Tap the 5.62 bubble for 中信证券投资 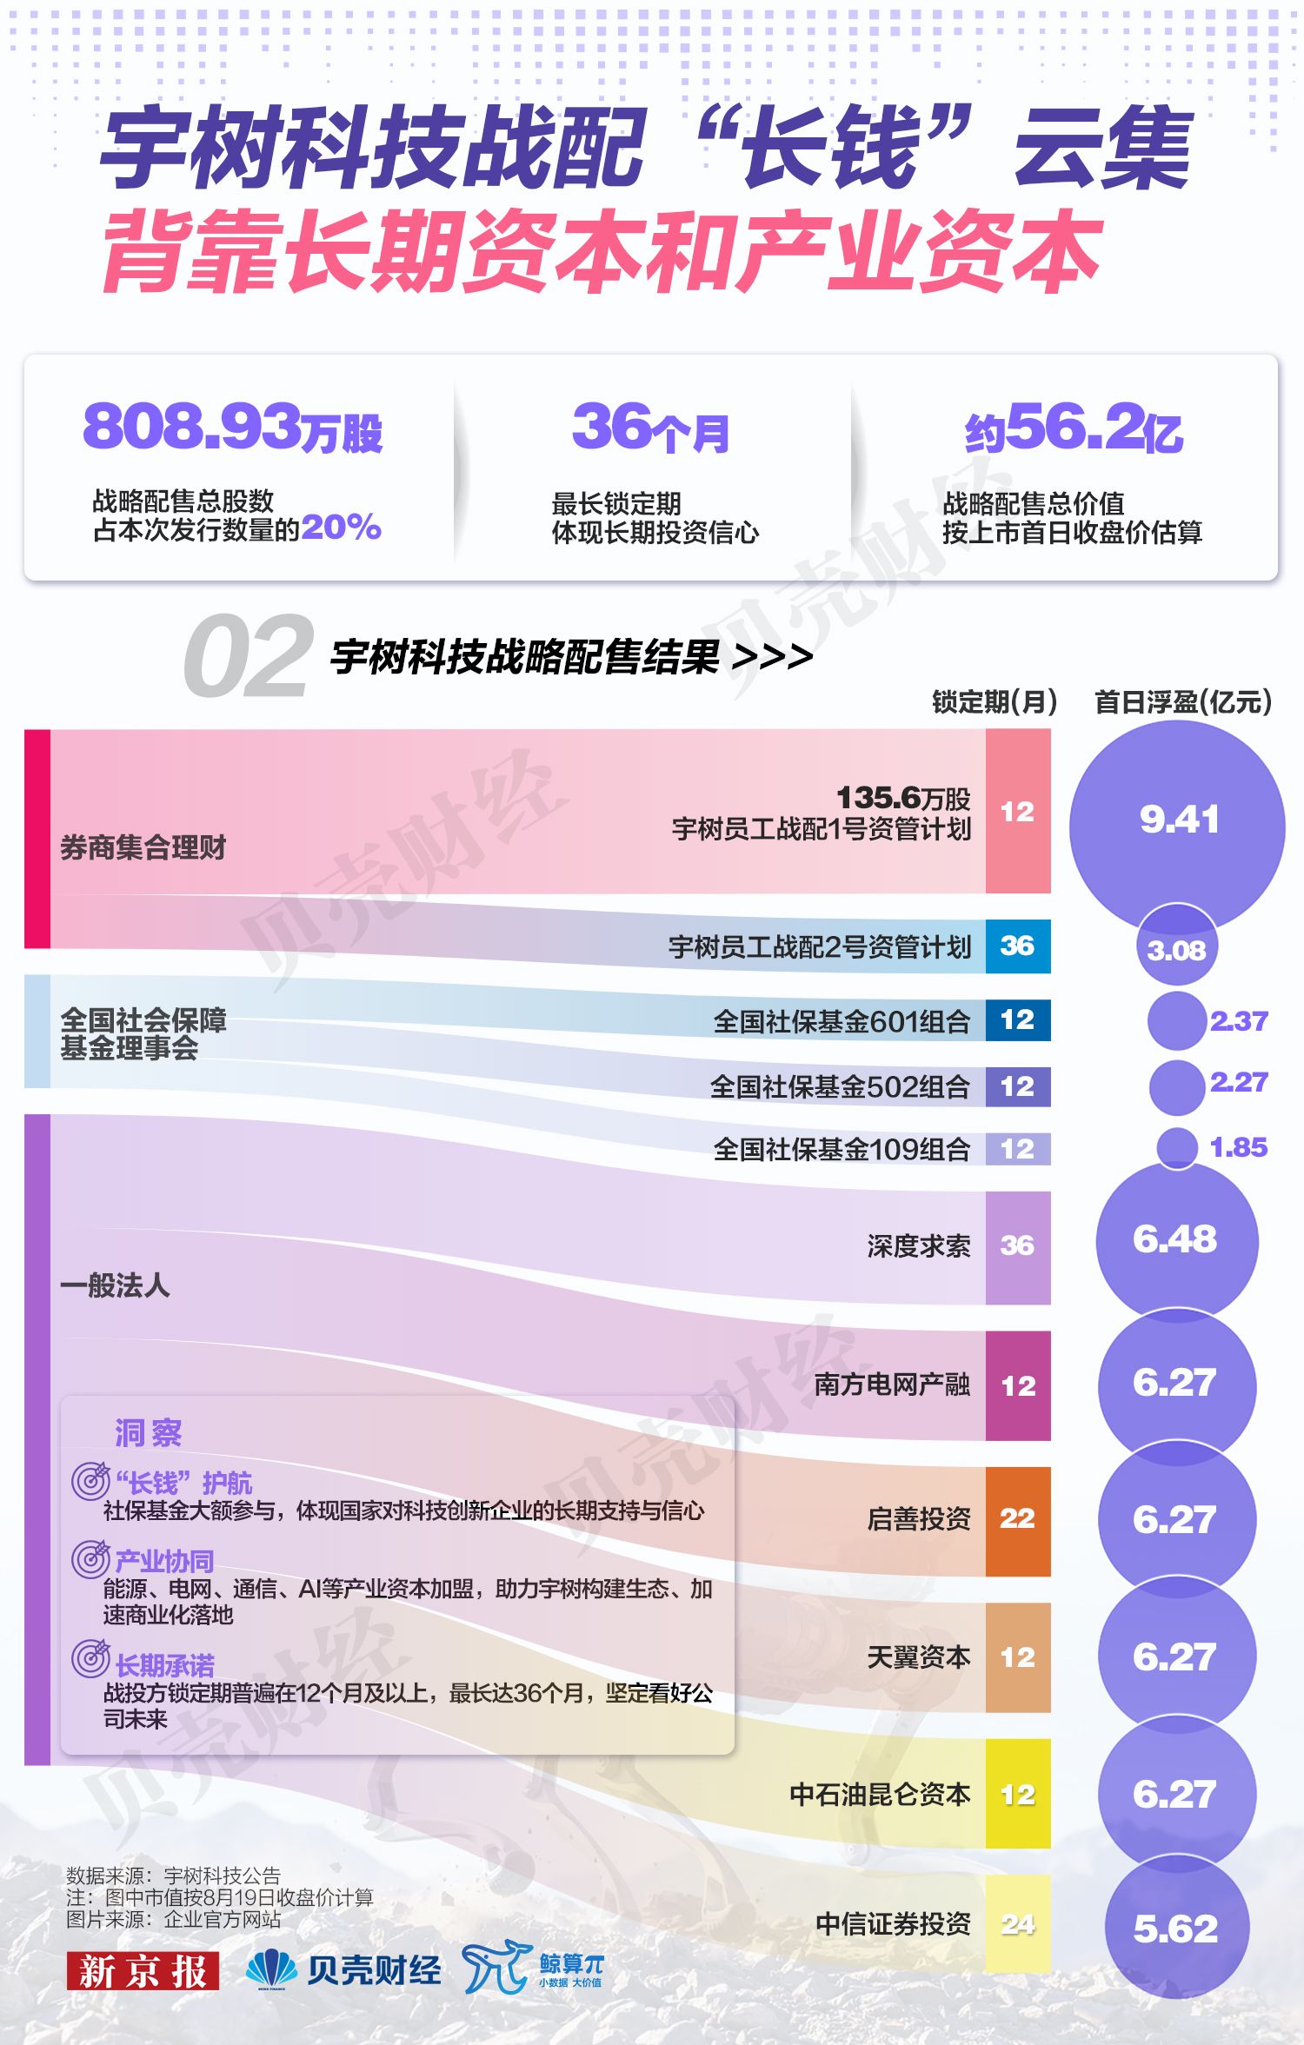coord(1176,1928)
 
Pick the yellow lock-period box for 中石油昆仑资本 coord(1018,1794)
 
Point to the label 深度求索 coord(919,1246)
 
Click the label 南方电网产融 coord(892,1384)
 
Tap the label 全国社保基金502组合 coord(840,1086)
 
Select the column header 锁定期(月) coord(995,701)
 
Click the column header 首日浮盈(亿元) coord(1183,701)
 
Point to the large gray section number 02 coord(248,656)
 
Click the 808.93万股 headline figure coord(233,428)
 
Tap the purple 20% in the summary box coord(341,527)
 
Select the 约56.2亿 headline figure coord(1074,428)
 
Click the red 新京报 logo coord(143,1970)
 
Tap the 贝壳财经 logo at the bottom coord(343,1969)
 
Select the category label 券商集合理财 coord(143,847)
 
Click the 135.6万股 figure coord(903,798)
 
